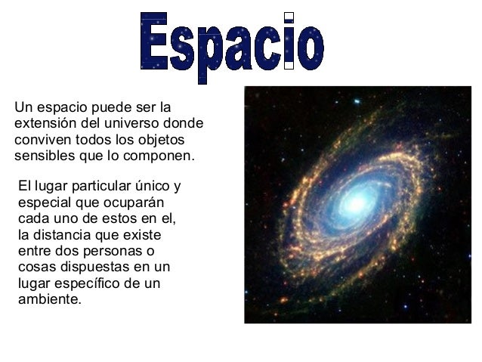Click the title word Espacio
tap(232, 43)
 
